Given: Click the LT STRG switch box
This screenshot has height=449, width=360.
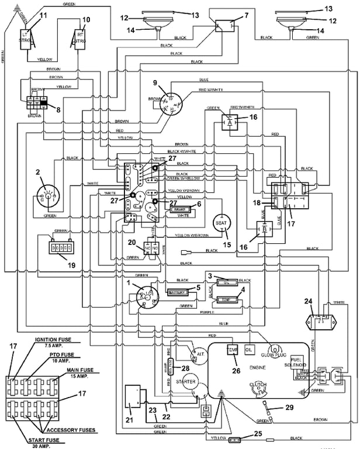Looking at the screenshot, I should pos(25,39).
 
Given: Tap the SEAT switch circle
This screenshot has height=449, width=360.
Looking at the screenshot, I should pos(221,223).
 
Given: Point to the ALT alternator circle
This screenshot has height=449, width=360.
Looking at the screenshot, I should pos(198,354).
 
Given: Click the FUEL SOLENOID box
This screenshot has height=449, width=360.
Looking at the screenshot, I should pos(296,362).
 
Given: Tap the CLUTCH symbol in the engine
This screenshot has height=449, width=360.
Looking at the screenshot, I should pos(258,385).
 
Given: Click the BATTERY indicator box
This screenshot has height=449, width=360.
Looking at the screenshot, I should pos(176,291).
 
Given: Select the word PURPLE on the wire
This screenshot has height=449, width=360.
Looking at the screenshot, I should pos(199,313).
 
